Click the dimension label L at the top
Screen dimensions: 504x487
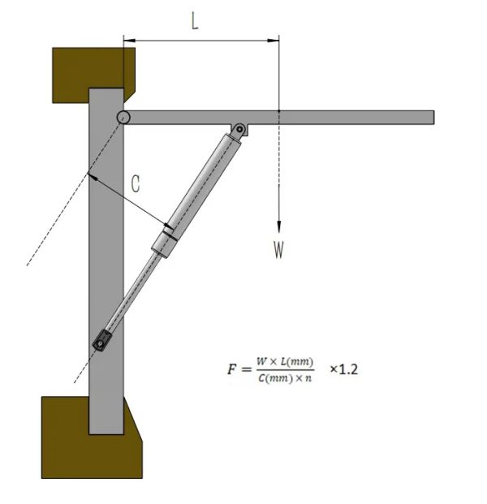click(194, 21)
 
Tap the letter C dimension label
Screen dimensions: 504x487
click(136, 184)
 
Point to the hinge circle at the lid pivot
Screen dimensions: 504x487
click(123, 118)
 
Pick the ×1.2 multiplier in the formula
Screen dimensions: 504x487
click(343, 368)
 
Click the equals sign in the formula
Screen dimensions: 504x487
click(246, 370)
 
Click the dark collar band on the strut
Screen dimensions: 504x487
click(168, 233)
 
